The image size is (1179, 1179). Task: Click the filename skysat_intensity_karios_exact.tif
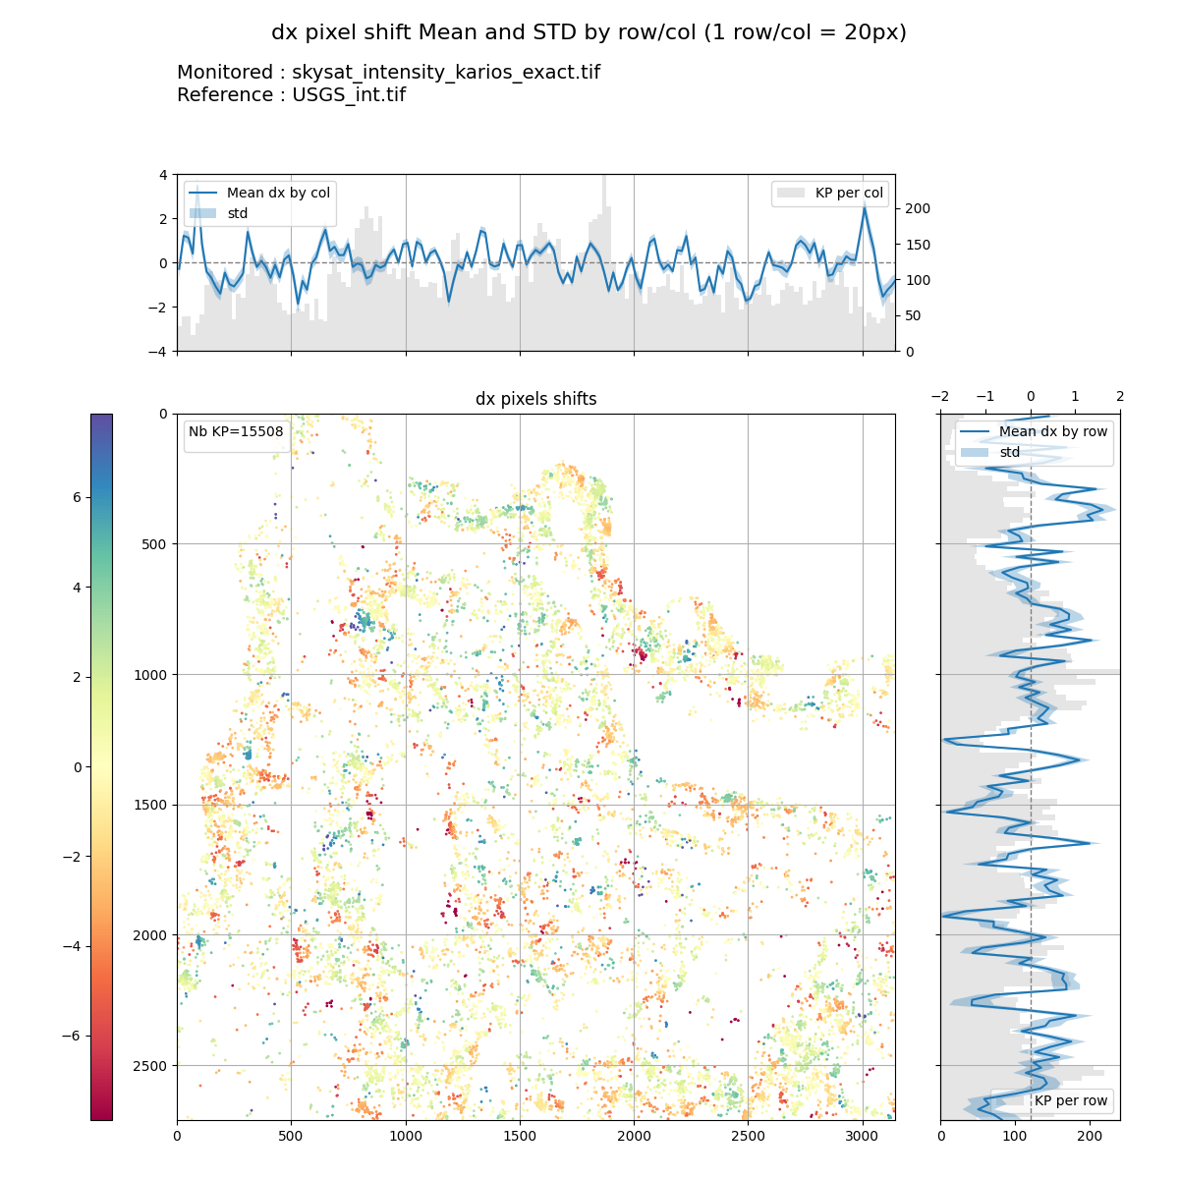pyautogui.click(x=445, y=73)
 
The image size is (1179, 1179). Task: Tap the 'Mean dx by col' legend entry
pyautogui.click(x=278, y=193)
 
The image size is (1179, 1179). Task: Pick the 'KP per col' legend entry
pyautogui.click(x=849, y=193)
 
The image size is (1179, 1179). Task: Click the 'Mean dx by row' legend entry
pyautogui.click(x=1052, y=431)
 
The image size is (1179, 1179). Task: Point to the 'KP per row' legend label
pyautogui.click(x=1070, y=1100)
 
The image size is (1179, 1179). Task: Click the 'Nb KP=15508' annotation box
pyautogui.click(x=236, y=431)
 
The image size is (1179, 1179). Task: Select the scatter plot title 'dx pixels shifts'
pyautogui.click(x=535, y=399)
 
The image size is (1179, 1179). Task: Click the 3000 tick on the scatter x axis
pyautogui.click(x=863, y=1136)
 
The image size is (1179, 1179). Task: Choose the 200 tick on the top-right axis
pyautogui.click(x=917, y=208)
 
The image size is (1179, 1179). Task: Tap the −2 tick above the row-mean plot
pyautogui.click(x=940, y=396)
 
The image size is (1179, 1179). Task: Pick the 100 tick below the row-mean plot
pyautogui.click(x=1015, y=1136)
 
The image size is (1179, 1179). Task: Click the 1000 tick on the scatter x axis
pyautogui.click(x=405, y=1136)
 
